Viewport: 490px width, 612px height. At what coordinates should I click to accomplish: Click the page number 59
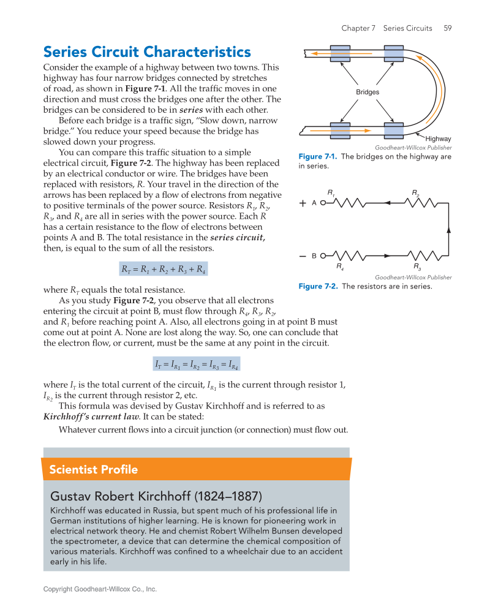448,28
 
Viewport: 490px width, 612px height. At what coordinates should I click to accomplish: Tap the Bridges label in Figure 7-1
367,92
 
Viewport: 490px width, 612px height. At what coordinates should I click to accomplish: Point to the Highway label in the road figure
438,139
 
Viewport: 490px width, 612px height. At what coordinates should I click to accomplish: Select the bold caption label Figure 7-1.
318,157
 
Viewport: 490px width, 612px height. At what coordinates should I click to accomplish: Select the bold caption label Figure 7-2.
318,286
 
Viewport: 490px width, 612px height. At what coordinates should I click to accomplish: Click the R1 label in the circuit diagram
331,193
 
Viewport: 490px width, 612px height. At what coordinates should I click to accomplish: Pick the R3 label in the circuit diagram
417,267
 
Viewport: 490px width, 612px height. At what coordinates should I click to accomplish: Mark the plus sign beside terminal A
303,203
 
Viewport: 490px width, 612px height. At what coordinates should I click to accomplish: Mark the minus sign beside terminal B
303,255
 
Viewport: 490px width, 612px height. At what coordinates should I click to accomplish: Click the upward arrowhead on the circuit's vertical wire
449,229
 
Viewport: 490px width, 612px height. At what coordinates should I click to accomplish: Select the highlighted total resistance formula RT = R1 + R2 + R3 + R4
163,269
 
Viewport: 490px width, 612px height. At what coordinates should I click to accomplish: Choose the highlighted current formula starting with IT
196,365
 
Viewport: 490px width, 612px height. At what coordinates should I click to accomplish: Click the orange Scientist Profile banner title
94,470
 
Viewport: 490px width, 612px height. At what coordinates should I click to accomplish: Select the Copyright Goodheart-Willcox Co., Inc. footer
100,589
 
